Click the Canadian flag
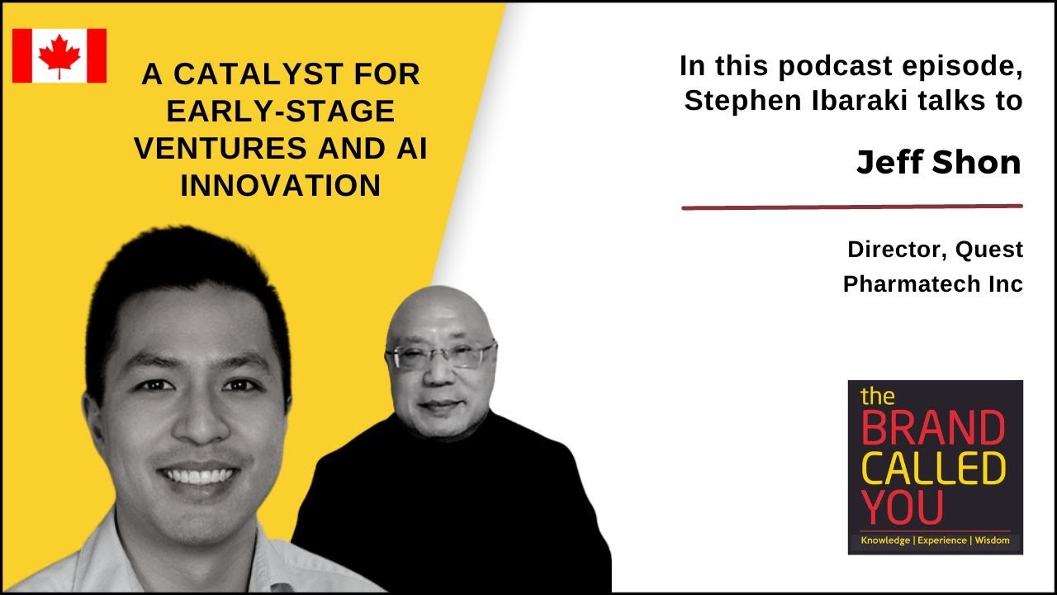[59, 55]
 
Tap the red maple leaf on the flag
[59, 55]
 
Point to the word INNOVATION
[281, 186]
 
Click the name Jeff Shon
[939, 162]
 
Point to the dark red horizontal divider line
[851, 207]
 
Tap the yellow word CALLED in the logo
[933, 468]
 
